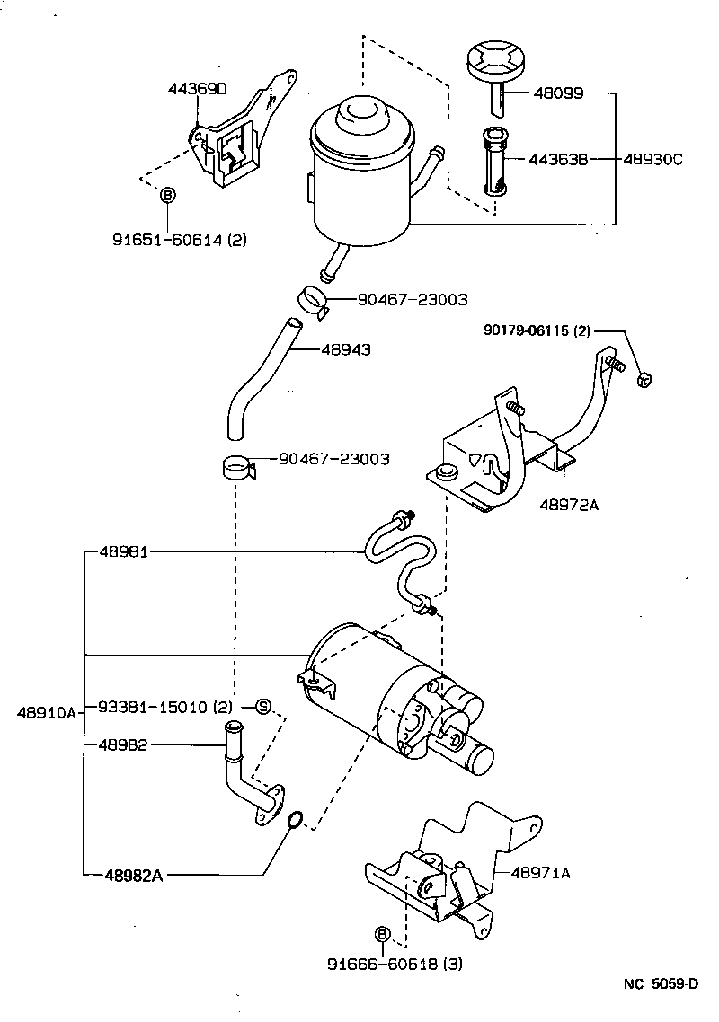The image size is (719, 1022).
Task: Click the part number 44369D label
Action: point(198,89)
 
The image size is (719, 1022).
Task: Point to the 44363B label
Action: point(557,160)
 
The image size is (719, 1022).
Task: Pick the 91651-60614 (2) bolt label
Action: point(180,240)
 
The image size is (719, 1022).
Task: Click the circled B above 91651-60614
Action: point(167,195)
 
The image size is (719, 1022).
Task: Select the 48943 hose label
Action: point(346,349)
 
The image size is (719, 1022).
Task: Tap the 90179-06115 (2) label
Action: point(537,331)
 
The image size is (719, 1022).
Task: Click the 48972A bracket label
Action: point(568,505)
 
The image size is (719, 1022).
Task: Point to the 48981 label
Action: point(126,552)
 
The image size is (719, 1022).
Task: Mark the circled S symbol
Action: point(263,706)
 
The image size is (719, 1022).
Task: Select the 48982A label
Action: point(133,875)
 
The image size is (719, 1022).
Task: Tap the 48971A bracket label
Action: point(541,872)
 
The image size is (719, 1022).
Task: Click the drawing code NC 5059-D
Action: point(661,983)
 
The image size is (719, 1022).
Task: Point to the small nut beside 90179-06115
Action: point(644,379)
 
